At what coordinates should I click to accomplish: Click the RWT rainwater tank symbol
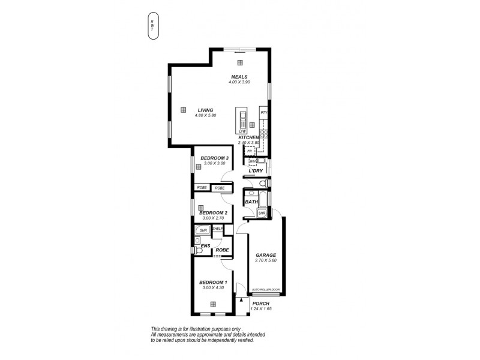click(153, 26)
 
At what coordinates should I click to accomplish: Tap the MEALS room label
click(240, 77)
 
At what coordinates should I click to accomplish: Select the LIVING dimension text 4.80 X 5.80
click(205, 115)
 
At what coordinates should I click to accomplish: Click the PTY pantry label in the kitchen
click(263, 113)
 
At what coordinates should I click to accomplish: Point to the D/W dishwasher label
click(243, 131)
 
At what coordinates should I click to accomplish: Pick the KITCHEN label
click(248, 137)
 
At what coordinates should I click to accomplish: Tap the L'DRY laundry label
click(257, 172)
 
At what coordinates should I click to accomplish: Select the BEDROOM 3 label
click(214, 158)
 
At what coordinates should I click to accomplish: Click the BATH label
click(251, 202)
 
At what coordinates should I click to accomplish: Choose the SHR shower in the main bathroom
click(262, 213)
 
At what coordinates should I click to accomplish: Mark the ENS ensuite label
click(205, 245)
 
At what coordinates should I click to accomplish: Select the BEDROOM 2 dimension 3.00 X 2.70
click(213, 218)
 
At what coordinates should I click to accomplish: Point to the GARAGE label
click(265, 255)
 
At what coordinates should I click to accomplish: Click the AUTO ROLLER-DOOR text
click(266, 289)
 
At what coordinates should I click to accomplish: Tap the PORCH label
click(262, 303)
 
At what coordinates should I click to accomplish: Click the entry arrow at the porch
click(242, 298)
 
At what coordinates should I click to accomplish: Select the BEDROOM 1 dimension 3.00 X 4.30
click(213, 288)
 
